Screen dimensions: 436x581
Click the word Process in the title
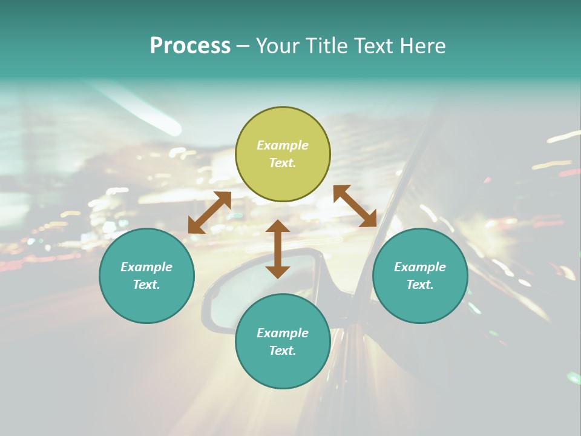190,46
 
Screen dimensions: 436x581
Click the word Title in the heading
326,46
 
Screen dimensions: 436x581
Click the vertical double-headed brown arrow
278,249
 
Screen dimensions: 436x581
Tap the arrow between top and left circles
210,213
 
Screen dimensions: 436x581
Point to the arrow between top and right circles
355,206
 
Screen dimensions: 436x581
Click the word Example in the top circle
283,145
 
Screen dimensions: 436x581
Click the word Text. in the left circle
146,285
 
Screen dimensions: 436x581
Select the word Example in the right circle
420,267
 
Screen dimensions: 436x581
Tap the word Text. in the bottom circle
283,351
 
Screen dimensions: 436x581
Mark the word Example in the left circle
146,267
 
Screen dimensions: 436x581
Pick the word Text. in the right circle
420,285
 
